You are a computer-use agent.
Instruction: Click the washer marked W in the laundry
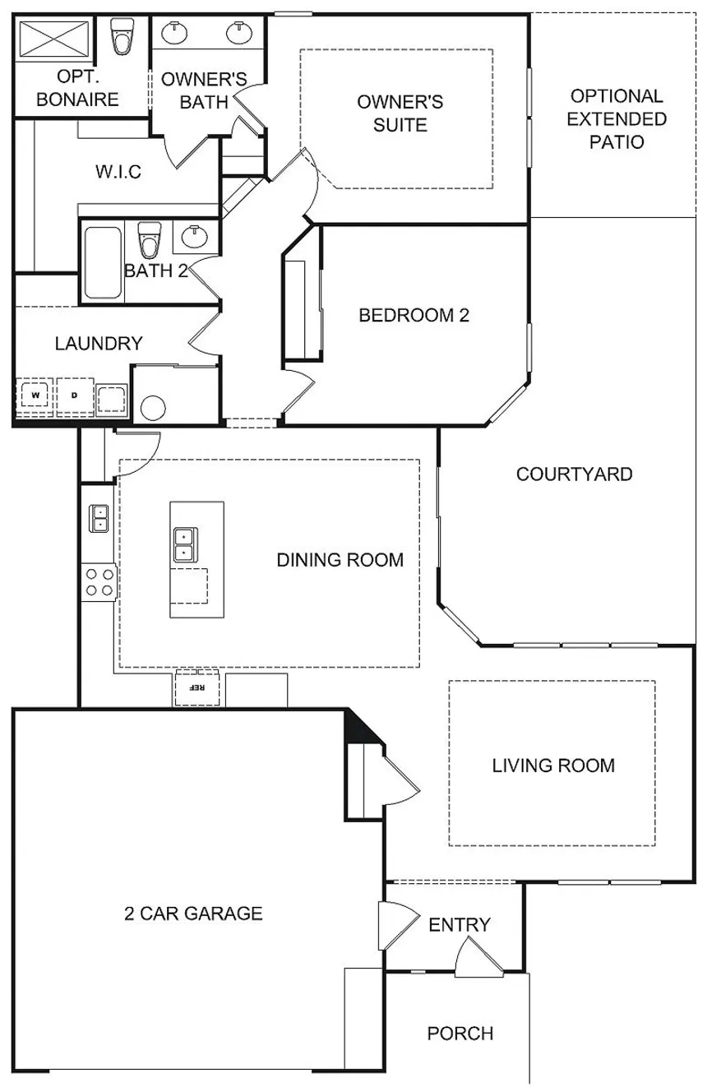(x=35, y=396)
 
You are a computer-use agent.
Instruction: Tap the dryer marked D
(x=75, y=396)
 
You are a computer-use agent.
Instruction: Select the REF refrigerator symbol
(x=197, y=687)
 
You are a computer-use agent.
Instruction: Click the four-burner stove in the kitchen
(x=99, y=582)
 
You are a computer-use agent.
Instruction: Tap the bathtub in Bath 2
(x=103, y=262)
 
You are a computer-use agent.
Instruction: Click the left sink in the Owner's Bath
(x=174, y=32)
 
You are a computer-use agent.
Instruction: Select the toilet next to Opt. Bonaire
(x=122, y=36)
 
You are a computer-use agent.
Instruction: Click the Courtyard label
(x=575, y=474)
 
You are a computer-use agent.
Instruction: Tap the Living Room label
(x=553, y=766)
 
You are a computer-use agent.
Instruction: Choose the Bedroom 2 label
(x=414, y=316)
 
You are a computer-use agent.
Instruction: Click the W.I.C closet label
(x=118, y=172)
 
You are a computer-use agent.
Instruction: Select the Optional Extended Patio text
(x=617, y=119)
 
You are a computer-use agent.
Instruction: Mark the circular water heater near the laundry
(x=153, y=408)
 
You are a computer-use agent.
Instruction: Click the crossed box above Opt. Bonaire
(x=53, y=39)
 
